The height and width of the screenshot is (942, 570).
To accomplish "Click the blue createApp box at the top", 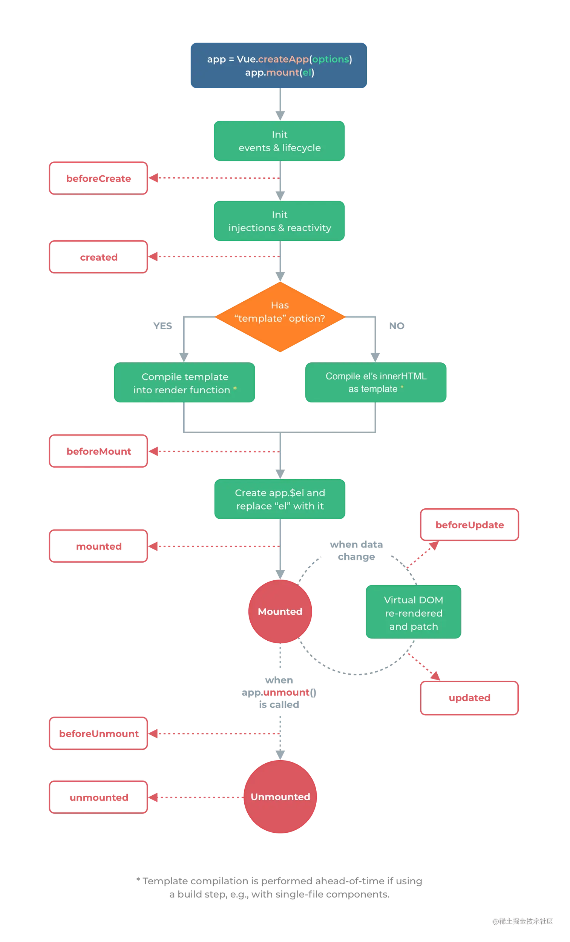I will click(x=279, y=65).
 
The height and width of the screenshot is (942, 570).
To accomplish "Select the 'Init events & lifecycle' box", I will click(x=279, y=141).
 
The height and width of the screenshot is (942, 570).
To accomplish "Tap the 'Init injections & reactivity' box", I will click(x=279, y=221).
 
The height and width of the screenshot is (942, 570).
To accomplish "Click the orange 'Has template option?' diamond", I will click(x=280, y=316).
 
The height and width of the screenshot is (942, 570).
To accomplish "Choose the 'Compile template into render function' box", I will click(x=185, y=383).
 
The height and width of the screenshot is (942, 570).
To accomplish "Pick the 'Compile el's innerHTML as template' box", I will click(x=376, y=383).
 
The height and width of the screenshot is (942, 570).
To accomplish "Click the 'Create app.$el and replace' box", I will click(x=280, y=499).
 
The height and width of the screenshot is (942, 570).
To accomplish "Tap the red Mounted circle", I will click(x=280, y=611).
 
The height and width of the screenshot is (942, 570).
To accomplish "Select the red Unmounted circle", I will click(x=280, y=797).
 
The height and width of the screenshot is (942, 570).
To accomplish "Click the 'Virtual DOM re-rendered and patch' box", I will click(x=413, y=613).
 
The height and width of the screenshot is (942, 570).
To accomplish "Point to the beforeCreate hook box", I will click(x=98, y=178).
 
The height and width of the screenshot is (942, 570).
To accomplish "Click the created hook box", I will click(x=98, y=257).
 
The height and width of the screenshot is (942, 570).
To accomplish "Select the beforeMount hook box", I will click(x=98, y=451).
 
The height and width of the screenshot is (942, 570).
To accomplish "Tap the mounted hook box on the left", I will click(x=98, y=546).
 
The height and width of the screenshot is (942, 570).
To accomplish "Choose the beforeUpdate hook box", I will click(x=469, y=525).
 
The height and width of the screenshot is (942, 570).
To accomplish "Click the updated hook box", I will click(x=469, y=698).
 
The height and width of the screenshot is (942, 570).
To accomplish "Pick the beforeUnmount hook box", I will click(x=98, y=733).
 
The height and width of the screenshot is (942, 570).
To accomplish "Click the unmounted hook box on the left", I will click(x=98, y=797).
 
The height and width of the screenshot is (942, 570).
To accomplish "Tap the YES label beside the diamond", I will click(x=163, y=326).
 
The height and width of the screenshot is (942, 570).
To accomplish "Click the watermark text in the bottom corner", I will click(x=522, y=921).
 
